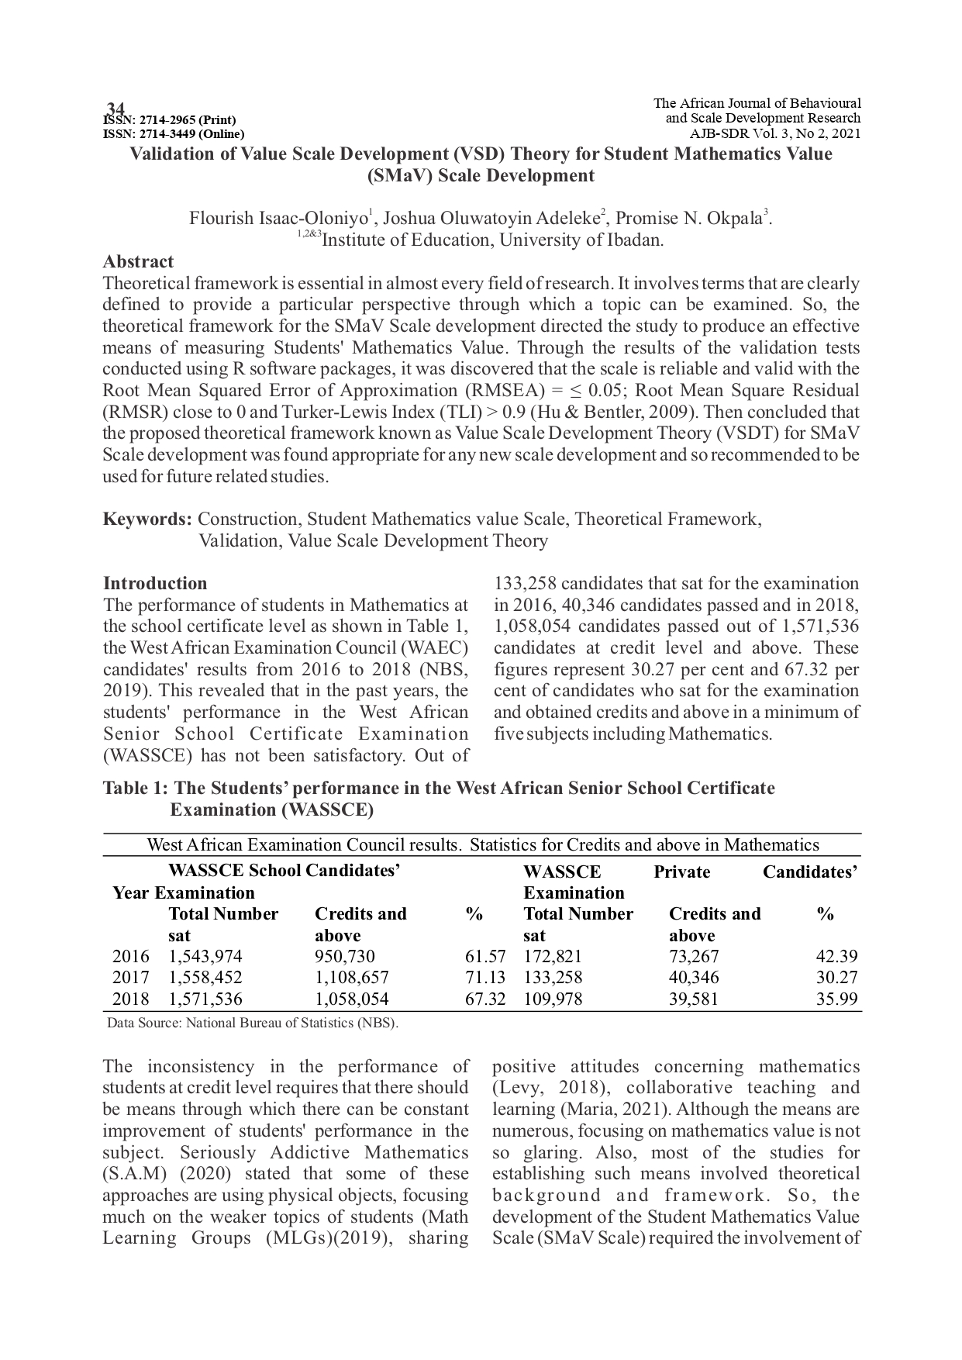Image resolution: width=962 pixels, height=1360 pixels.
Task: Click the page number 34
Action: pos(116,108)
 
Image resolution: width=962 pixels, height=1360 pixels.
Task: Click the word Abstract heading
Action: pos(138,261)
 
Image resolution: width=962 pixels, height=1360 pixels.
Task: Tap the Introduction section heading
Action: pos(155,583)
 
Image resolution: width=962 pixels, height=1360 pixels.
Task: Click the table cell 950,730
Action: pos(344,956)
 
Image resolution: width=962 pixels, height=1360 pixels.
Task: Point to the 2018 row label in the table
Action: pos(130,999)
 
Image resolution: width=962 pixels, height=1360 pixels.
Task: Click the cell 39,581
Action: pos(694,999)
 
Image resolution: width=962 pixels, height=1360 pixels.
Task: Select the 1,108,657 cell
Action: pos(352,978)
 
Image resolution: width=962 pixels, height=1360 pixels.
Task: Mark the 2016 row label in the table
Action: pos(130,956)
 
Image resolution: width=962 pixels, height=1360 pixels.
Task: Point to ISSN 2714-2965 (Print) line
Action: pos(170,119)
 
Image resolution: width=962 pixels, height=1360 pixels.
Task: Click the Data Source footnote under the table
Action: pos(253,1023)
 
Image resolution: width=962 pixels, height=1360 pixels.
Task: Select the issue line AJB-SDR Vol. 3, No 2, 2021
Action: pos(774,133)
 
